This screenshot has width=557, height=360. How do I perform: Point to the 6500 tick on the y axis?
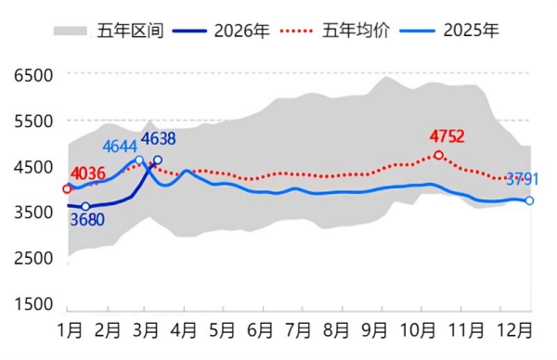(33, 74)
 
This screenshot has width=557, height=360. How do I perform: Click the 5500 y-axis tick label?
(33, 121)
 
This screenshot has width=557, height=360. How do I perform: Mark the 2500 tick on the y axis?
(33, 258)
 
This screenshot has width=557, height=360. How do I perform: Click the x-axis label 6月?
(261, 330)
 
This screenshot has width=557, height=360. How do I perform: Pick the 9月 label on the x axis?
(375, 330)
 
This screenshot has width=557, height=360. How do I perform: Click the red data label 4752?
(447, 138)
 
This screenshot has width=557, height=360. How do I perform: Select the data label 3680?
(86, 221)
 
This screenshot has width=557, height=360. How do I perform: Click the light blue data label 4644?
(120, 147)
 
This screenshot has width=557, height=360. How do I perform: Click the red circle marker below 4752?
(438, 155)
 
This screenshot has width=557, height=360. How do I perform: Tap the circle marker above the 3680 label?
(85, 207)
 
